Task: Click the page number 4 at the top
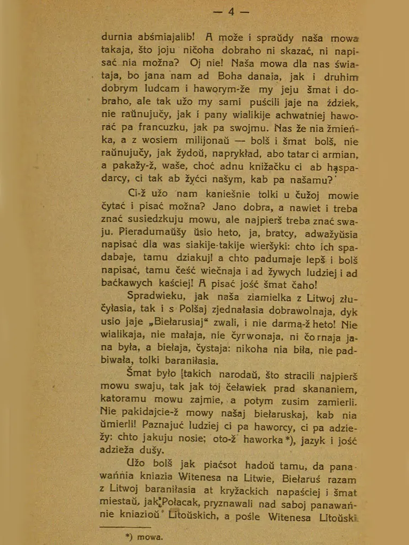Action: [x=231, y=12]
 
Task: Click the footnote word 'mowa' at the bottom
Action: [x=150, y=537]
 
